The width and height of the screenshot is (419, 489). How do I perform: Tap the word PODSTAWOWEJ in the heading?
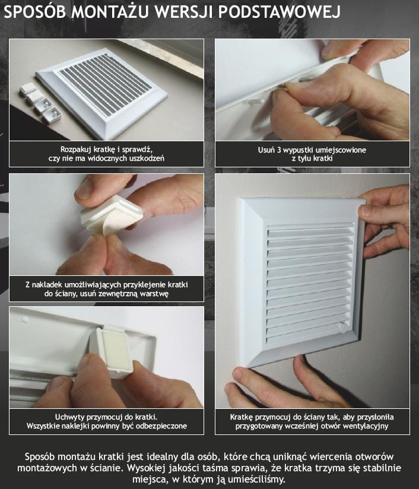pos(279,12)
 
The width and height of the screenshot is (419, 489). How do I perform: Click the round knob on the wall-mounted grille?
pos(342,328)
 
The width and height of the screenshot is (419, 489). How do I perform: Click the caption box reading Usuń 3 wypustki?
pos(312,154)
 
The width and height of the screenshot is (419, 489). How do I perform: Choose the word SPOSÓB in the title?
pos(34,12)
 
